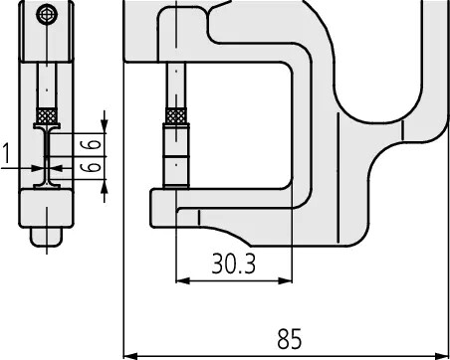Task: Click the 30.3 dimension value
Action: pos(234,264)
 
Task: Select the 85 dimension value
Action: pos(290,339)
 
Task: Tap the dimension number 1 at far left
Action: pos(7,153)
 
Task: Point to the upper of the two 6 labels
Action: pos(91,144)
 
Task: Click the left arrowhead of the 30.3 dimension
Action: pos(183,281)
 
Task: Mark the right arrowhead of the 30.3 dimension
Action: pos(285,281)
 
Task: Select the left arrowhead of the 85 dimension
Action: pos(130,357)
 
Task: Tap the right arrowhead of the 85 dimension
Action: pos(442,357)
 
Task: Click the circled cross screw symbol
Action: pos(48,15)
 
